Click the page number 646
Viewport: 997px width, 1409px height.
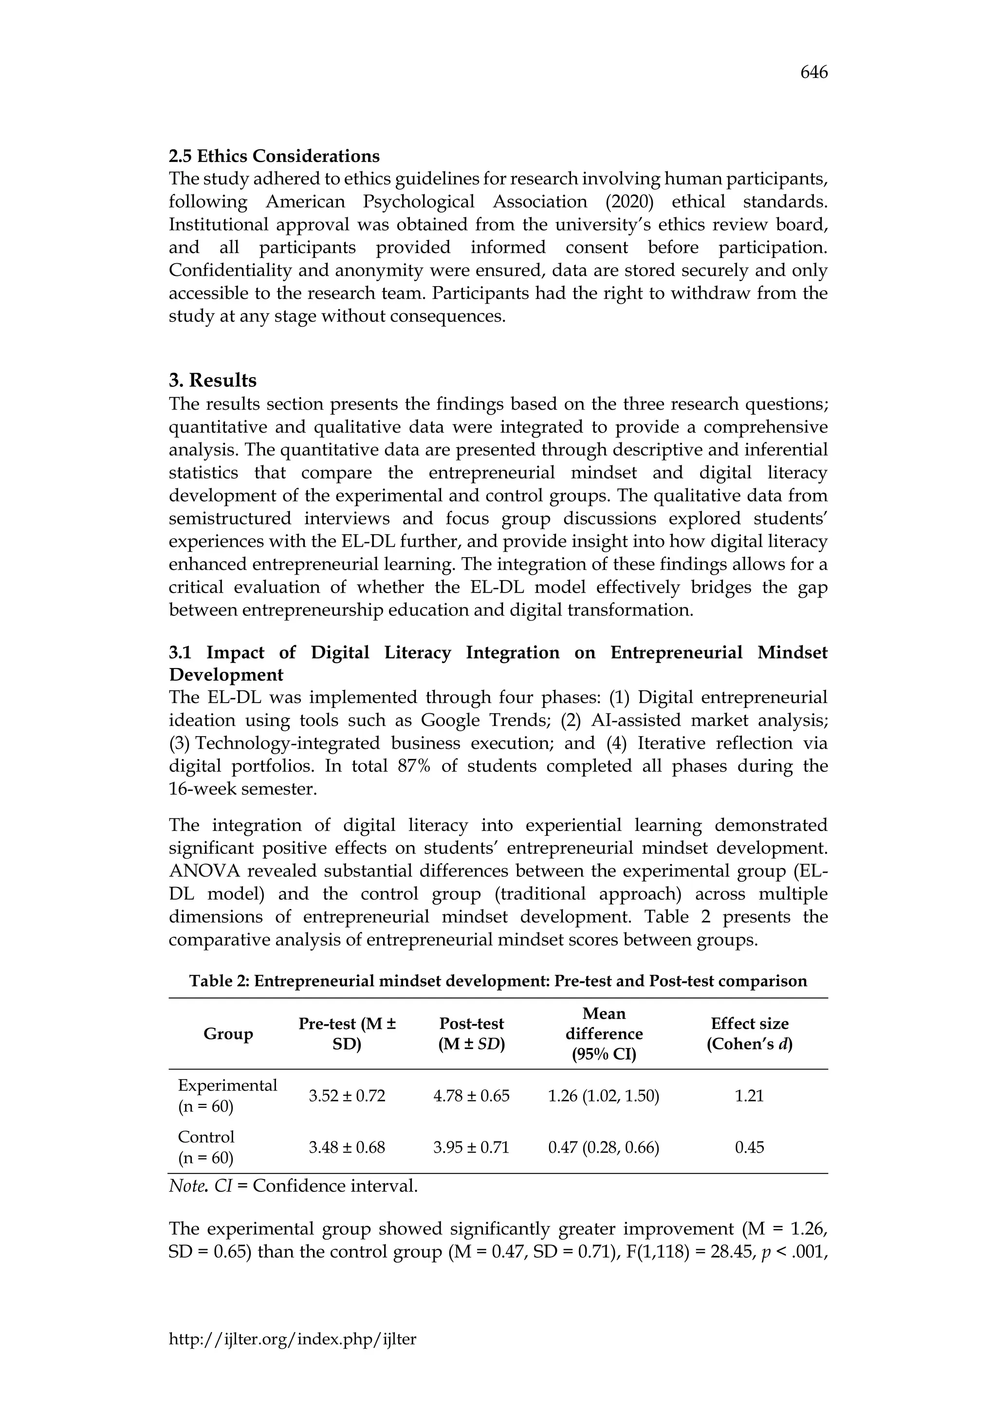coord(813,73)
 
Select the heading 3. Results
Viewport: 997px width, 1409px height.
coord(212,380)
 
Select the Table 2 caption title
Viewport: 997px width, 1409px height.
coord(498,981)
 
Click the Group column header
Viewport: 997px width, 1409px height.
coord(228,1034)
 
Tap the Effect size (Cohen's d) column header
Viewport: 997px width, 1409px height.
coord(749,1034)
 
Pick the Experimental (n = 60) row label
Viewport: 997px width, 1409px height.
coord(227,1096)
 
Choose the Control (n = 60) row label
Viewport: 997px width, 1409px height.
coord(206,1148)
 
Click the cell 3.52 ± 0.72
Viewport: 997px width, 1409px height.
coord(347,1096)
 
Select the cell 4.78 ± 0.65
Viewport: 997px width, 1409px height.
coord(471,1096)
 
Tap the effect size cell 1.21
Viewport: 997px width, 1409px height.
coord(749,1096)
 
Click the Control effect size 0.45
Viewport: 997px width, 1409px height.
coord(749,1148)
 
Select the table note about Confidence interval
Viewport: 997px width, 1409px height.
coord(293,1186)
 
